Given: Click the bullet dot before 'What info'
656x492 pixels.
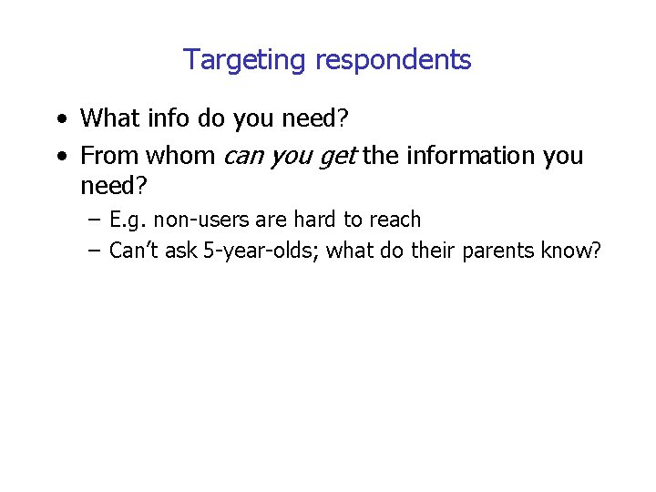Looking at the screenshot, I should pos(60,119).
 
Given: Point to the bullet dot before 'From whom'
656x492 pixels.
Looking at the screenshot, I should pos(60,157).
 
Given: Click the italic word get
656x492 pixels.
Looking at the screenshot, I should pos(336,158).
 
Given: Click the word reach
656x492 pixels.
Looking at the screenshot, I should pos(395,220).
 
